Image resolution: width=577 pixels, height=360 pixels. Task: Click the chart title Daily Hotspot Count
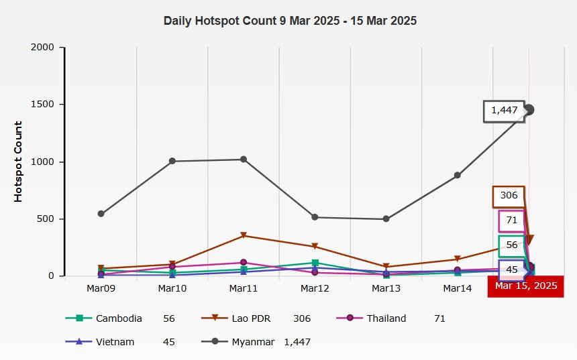click(290, 21)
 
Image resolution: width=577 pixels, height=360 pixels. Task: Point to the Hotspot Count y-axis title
click(18, 162)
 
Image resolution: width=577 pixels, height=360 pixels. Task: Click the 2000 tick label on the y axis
click(43, 48)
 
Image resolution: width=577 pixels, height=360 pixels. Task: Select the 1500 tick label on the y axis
click(43, 105)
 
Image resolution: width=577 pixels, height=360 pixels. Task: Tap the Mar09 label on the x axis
click(101, 288)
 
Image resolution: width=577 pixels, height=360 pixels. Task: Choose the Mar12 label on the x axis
click(315, 288)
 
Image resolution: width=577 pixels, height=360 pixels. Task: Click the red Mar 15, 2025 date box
click(526, 286)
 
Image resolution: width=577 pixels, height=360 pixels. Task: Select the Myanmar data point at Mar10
click(172, 161)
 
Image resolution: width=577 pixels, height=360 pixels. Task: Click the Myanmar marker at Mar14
click(458, 176)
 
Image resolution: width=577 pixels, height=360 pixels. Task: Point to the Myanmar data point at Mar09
click(101, 214)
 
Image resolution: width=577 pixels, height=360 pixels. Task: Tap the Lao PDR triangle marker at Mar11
click(244, 235)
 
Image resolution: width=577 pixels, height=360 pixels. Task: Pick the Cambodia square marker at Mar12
click(315, 263)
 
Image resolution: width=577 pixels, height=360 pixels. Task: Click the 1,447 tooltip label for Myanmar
click(505, 111)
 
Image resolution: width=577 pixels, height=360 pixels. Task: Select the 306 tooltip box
click(509, 196)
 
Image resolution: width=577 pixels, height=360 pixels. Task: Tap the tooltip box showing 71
click(511, 221)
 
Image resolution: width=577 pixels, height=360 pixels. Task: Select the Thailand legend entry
click(386, 318)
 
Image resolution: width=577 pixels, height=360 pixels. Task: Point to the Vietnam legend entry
click(115, 342)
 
